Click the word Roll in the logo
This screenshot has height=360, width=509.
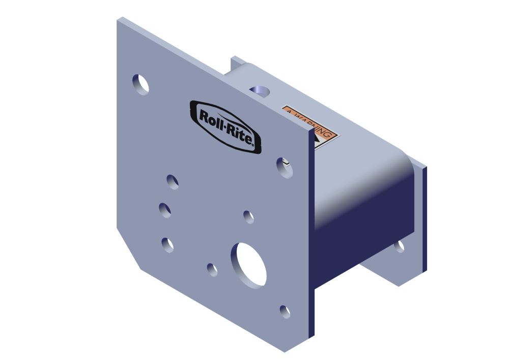pos(210,118)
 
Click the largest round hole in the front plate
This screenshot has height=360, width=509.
pos(249,264)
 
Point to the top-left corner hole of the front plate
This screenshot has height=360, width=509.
pos(141,85)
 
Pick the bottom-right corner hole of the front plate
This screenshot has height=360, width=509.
pos(285,311)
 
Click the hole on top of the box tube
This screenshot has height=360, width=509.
pos(260,92)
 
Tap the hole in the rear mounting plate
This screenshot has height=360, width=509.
pos(399,246)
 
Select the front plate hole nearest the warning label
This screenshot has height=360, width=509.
pos(285,168)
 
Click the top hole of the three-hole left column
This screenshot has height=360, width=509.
pos(173,181)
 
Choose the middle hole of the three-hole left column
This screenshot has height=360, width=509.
pos(164,209)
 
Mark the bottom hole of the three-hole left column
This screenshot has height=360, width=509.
pos(167,244)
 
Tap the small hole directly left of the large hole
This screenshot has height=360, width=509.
pos(212,269)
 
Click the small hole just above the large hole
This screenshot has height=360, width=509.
pos(248,216)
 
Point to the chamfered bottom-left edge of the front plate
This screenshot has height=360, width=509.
pos(128,249)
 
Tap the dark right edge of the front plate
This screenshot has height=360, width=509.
pos(312,234)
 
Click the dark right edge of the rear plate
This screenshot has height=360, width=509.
pos(424,219)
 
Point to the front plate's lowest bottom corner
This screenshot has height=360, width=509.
pos(285,351)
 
